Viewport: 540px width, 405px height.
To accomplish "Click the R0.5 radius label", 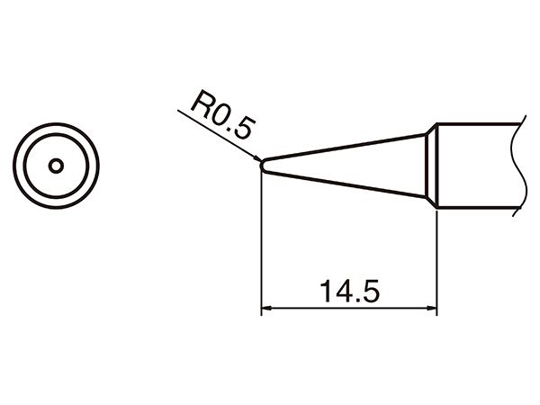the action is [223, 115].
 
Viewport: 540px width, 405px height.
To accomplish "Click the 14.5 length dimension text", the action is [349, 291].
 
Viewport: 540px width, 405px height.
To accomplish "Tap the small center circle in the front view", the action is [56, 166].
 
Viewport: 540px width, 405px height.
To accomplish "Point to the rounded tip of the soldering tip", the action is [262, 166].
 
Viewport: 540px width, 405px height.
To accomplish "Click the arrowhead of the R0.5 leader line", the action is [256, 158].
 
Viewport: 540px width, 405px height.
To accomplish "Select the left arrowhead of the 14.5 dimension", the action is [266, 308].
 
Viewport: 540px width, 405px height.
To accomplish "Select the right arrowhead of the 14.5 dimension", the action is [432, 308].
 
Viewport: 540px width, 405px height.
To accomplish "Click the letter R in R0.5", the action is [201, 103].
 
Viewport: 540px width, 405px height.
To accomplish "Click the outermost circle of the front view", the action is [56, 123].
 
